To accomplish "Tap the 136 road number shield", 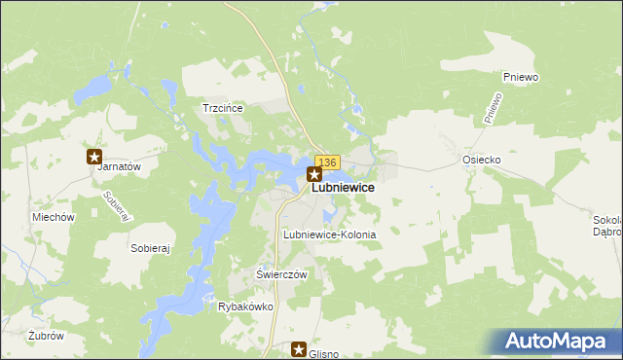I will tap(327, 162).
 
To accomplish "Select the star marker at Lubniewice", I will tap(314, 175).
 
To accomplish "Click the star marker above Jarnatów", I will tap(94, 156).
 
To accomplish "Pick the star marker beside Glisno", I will tap(299, 349).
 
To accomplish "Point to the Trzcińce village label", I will tap(221, 108).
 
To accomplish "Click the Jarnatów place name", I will tap(120, 166).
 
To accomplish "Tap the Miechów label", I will tap(53, 218).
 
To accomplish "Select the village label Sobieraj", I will tap(150, 248).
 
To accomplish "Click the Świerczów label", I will tap(281, 274).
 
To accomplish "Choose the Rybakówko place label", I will tap(245, 306).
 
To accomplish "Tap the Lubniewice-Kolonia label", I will tap(328, 235).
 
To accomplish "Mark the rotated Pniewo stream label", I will tap(493, 107).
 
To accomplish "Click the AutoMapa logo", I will tap(560, 342).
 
